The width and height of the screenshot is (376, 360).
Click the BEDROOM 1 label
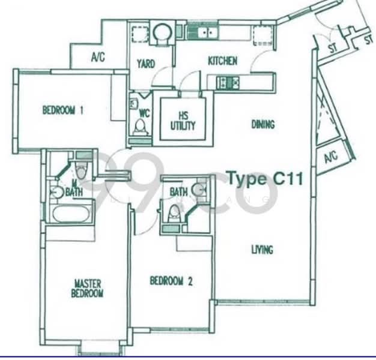pos(62,110)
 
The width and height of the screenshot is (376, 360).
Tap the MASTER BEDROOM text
pos(88,288)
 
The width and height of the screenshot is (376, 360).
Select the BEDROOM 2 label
pos(171,280)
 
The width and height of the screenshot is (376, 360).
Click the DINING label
pos(262,125)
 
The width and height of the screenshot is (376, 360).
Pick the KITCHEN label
pos(222,61)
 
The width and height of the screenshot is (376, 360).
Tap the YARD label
pos(146,64)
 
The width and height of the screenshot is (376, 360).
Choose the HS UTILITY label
pos(183,121)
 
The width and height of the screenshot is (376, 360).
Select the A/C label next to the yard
pos(99,58)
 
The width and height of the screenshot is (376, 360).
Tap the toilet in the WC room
pos(141,127)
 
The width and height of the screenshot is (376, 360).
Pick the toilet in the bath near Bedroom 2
pos(175,212)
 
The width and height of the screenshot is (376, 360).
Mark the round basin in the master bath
pos(57,192)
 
